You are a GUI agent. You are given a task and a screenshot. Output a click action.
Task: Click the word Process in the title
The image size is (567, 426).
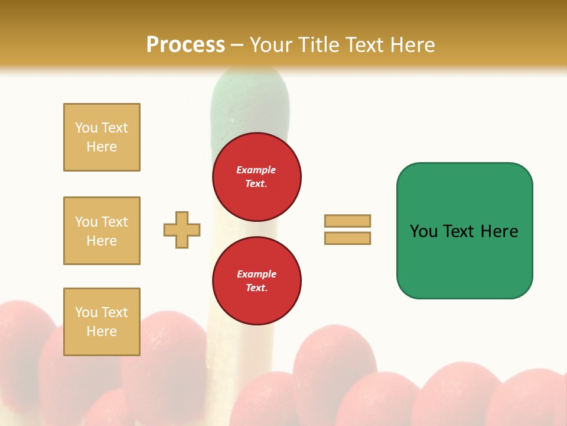point(185,44)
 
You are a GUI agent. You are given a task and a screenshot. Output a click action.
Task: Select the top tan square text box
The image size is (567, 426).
point(102,137)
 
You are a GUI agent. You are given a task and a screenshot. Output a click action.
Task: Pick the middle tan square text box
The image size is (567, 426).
point(102,231)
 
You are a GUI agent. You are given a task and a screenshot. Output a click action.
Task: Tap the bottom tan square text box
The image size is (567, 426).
point(102,321)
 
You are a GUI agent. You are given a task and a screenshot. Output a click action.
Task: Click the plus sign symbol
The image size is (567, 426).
point(182,230)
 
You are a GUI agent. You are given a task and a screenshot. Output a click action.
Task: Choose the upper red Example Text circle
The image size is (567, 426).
point(256,177)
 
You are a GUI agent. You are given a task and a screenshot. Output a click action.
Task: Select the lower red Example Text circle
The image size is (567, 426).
point(256,281)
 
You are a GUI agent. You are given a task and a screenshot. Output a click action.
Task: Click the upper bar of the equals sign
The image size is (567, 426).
point(347,221)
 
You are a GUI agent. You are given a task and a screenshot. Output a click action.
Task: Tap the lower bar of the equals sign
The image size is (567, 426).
point(347,238)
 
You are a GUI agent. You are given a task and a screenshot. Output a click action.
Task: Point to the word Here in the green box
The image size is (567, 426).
point(499,231)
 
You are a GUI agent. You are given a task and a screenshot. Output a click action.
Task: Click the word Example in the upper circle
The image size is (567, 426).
point(256,170)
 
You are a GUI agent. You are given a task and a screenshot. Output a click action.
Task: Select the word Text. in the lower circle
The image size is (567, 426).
point(256,288)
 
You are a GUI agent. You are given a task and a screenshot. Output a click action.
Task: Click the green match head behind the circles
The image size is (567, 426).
point(250,101)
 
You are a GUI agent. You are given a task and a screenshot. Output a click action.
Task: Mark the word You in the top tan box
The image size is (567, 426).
point(86,128)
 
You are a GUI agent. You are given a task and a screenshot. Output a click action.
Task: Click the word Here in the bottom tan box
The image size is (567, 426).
point(102,331)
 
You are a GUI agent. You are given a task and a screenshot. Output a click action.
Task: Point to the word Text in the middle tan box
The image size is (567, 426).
point(114,222)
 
